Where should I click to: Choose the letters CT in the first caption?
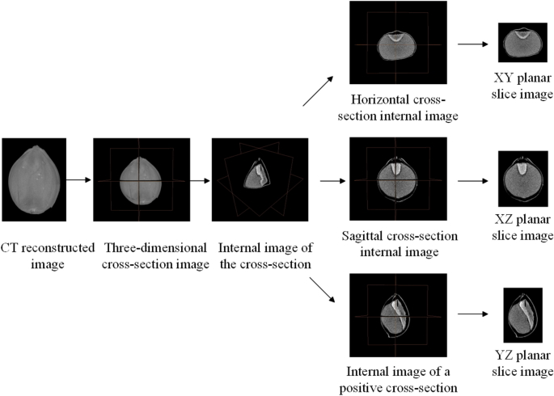(11, 247)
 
